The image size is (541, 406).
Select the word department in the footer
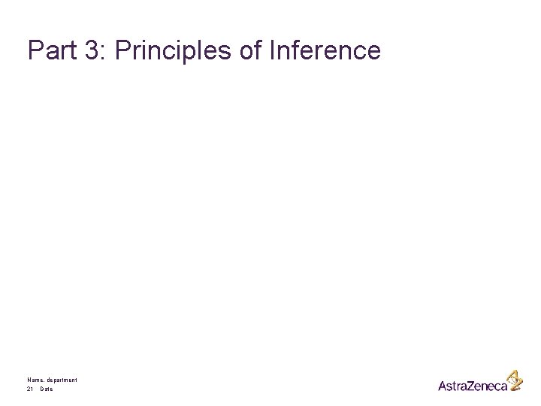pyautogui.click(x=62, y=381)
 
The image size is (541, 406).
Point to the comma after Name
pyautogui.click(x=44, y=382)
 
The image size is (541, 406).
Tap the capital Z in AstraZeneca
pyautogui.click(x=470, y=385)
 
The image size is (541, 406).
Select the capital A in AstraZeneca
pyautogui.click(x=443, y=385)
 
